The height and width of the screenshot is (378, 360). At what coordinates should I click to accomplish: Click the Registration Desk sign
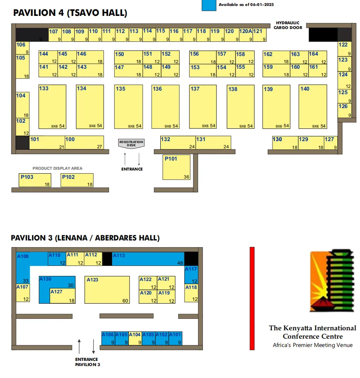click(131, 143)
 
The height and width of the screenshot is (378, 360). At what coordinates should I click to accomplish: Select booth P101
click(176, 167)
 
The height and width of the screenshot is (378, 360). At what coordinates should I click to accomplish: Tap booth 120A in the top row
click(246, 35)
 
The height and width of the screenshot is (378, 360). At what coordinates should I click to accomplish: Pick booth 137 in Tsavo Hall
click(202, 107)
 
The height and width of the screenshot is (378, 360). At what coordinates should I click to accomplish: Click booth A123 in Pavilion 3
click(107, 290)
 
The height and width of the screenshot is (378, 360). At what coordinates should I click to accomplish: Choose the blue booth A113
click(148, 258)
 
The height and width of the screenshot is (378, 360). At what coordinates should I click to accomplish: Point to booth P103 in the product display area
click(35, 180)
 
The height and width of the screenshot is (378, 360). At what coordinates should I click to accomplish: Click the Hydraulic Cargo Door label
click(288, 25)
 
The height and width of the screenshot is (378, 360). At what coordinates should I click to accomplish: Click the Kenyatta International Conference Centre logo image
click(331, 281)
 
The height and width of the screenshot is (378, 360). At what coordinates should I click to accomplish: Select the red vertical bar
click(252, 298)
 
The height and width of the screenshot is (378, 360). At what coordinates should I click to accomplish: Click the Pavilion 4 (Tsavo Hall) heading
click(70, 13)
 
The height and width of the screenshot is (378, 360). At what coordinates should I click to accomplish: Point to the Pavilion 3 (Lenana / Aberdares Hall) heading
click(85, 238)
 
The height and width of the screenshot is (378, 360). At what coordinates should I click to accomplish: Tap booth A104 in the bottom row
click(135, 338)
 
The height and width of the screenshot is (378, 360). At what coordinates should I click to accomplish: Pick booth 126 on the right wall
click(344, 110)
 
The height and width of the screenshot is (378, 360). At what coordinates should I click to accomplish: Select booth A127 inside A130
click(63, 296)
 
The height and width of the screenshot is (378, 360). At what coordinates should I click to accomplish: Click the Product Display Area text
click(57, 169)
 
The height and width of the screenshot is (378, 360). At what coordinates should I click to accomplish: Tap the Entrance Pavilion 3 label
click(87, 362)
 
